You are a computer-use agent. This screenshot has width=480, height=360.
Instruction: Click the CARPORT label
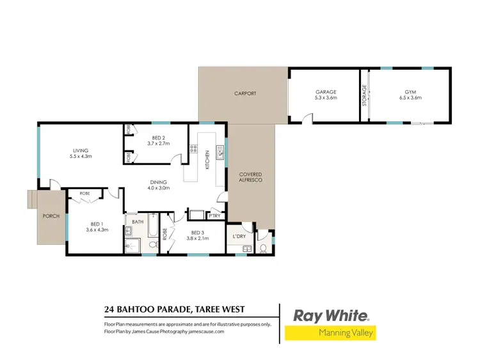pyautogui.click(x=245, y=93)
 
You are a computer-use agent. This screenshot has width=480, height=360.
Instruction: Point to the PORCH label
pyautogui.click(x=51, y=216)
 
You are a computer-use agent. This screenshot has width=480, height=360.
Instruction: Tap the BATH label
pyautogui.click(x=138, y=222)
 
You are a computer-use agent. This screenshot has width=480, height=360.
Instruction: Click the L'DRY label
pyautogui.click(x=239, y=237)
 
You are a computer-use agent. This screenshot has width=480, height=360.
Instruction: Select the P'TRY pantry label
pyautogui.click(x=214, y=215)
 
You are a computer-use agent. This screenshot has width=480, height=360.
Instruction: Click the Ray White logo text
pyautogui.click(x=331, y=315)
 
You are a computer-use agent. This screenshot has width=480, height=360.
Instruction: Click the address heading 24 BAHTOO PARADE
pyautogui.click(x=173, y=310)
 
